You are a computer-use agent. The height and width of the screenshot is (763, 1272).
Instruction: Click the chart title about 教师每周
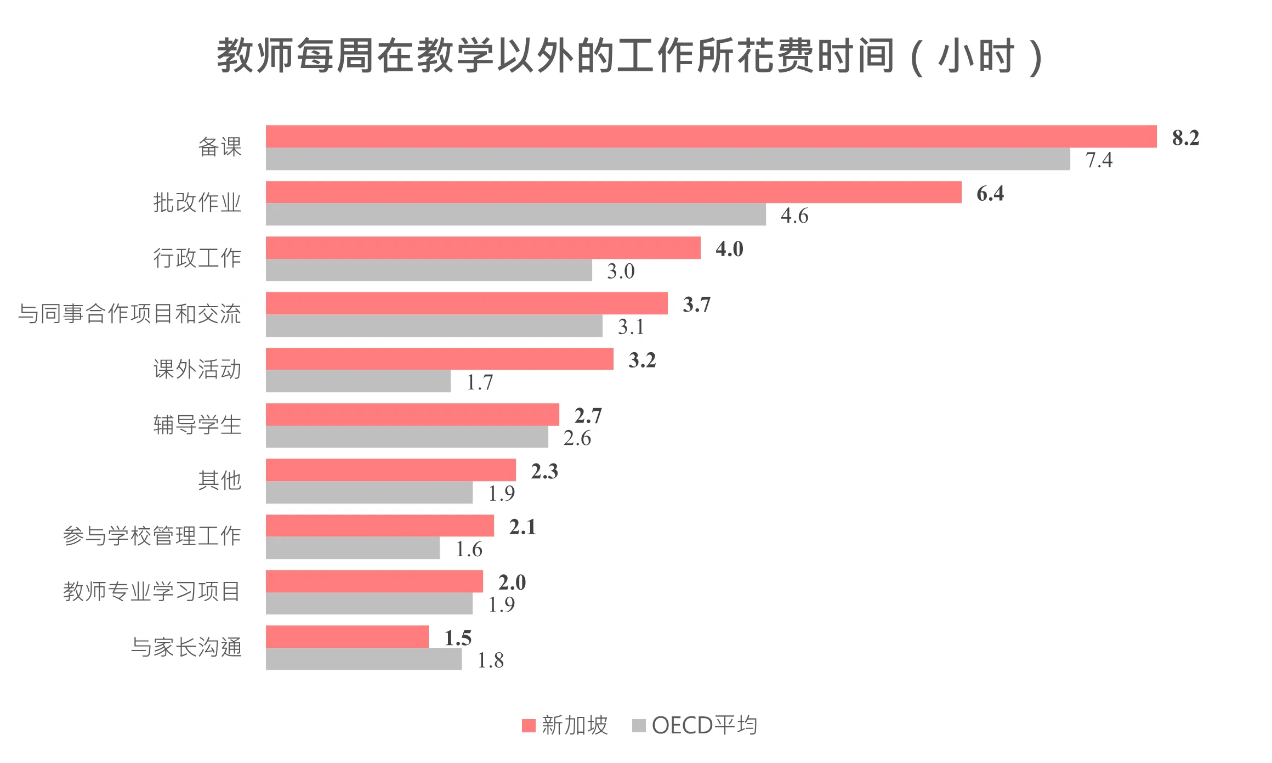coord(629,56)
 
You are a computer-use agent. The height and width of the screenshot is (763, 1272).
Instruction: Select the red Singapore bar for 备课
coord(711,137)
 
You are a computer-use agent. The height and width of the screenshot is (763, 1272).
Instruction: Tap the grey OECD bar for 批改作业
coord(515,214)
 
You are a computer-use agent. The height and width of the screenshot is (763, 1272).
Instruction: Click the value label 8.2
coord(1185,138)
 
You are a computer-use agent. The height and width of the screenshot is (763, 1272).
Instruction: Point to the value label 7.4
coord(1099,160)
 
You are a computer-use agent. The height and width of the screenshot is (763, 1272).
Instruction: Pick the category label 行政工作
coord(197,258)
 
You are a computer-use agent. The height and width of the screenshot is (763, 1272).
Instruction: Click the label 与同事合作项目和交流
coord(129,314)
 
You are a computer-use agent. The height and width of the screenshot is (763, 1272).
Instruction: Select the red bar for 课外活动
coord(439,359)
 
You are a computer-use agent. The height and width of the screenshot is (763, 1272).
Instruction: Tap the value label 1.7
coord(479,382)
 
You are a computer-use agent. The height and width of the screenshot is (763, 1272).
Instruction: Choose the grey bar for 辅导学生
coord(407,437)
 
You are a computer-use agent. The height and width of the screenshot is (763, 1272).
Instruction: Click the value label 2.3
coord(544,471)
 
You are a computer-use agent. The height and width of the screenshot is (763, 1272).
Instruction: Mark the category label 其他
coord(219,481)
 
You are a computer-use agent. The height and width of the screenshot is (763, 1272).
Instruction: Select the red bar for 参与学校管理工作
coord(379,525)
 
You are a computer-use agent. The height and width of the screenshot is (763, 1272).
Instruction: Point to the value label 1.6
coord(469,549)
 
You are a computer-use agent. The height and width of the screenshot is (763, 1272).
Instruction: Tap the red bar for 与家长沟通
coord(347,637)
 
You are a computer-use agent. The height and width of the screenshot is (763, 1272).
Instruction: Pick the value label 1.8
coord(490,660)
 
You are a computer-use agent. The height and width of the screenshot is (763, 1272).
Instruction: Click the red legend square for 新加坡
coord(529,726)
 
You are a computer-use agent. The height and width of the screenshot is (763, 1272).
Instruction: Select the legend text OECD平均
coord(704,726)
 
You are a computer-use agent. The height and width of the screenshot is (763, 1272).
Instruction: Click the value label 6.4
coord(990,194)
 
